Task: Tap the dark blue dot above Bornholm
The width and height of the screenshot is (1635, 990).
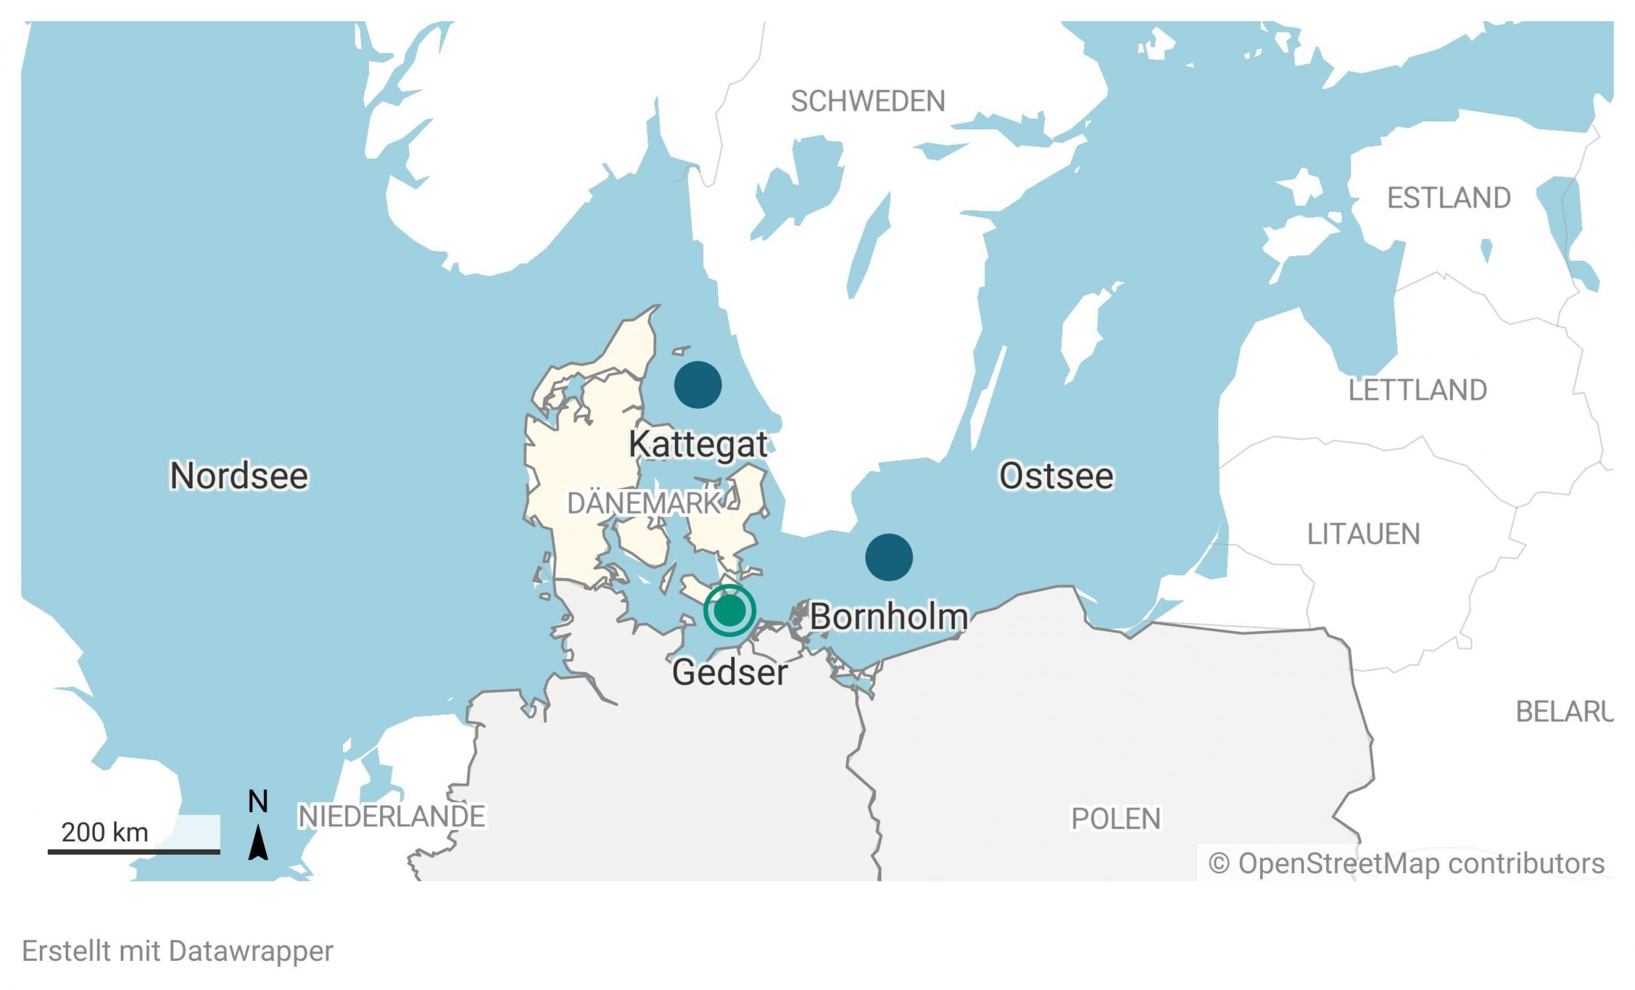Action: (889, 557)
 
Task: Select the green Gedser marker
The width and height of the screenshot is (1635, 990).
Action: (729, 610)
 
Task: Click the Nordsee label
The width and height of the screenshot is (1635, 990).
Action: (239, 476)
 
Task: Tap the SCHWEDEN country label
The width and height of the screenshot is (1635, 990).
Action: (867, 101)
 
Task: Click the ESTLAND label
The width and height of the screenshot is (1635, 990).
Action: (1448, 198)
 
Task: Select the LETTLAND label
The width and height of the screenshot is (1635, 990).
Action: (1417, 390)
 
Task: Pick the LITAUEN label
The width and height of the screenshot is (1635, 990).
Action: (1363, 534)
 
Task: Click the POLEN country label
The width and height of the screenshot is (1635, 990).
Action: (1116, 819)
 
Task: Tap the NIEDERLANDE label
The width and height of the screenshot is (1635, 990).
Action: (391, 816)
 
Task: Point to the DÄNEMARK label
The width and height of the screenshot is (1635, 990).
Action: (644, 504)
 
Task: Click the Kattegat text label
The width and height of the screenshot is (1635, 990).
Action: (698, 444)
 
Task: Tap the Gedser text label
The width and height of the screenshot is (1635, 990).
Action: (729, 672)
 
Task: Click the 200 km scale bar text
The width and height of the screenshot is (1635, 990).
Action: (105, 832)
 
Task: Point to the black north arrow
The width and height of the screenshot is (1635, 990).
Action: (258, 843)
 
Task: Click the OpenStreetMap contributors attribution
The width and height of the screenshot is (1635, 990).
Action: (1406, 863)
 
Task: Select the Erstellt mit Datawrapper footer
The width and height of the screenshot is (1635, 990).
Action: (178, 951)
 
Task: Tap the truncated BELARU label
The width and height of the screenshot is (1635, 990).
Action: (1563, 712)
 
